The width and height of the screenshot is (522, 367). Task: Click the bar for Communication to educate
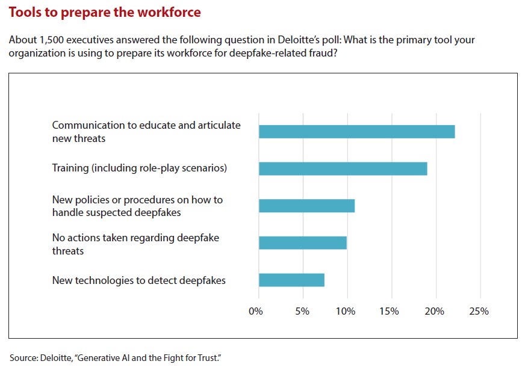pyautogui.click(x=356, y=131)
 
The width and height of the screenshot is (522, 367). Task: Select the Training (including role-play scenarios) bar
pyautogui.click(x=343, y=168)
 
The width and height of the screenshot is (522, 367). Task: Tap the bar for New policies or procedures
pyautogui.click(x=306, y=206)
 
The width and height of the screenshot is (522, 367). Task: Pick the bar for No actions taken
pyautogui.click(x=302, y=242)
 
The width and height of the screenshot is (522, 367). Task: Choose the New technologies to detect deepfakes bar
pyautogui.click(x=291, y=280)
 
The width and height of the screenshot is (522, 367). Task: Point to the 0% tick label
pyautogui.click(x=256, y=312)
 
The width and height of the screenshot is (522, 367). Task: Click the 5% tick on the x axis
pyautogui.click(x=302, y=312)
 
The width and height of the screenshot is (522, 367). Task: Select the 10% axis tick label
pyautogui.click(x=346, y=312)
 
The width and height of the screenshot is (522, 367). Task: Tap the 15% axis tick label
pyautogui.click(x=390, y=312)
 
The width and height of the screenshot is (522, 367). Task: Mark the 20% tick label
pyautogui.click(x=434, y=312)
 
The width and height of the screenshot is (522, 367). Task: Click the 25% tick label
pyautogui.click(x=479, y=312)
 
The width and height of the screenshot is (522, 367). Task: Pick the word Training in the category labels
pyautogui.click(x=70, y=168)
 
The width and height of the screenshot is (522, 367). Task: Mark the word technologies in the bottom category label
pyautogui.click(x=102, y=280)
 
